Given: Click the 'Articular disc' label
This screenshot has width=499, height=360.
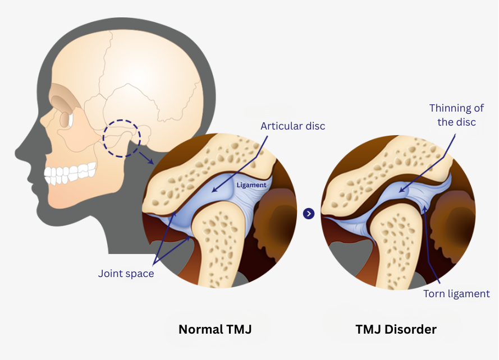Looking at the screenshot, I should (292, 126).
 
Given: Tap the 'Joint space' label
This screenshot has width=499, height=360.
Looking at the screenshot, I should (126, 274).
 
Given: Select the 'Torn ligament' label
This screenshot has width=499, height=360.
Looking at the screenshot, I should (456, 294).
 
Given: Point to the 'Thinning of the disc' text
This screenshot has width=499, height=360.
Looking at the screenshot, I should (452, 114).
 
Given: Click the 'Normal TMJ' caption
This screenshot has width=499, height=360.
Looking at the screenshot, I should (214, 329).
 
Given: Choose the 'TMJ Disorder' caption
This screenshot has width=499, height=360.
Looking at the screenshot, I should (396, 329).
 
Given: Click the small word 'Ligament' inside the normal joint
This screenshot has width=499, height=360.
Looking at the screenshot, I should (251, 184).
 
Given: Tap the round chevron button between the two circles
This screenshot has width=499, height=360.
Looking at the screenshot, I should (308, 214).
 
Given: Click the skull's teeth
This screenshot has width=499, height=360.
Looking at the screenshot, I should (71, 173).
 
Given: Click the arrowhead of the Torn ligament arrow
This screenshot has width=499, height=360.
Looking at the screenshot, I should (424, 208).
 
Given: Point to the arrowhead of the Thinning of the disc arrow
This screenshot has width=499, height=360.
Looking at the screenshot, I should (400, 192).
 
